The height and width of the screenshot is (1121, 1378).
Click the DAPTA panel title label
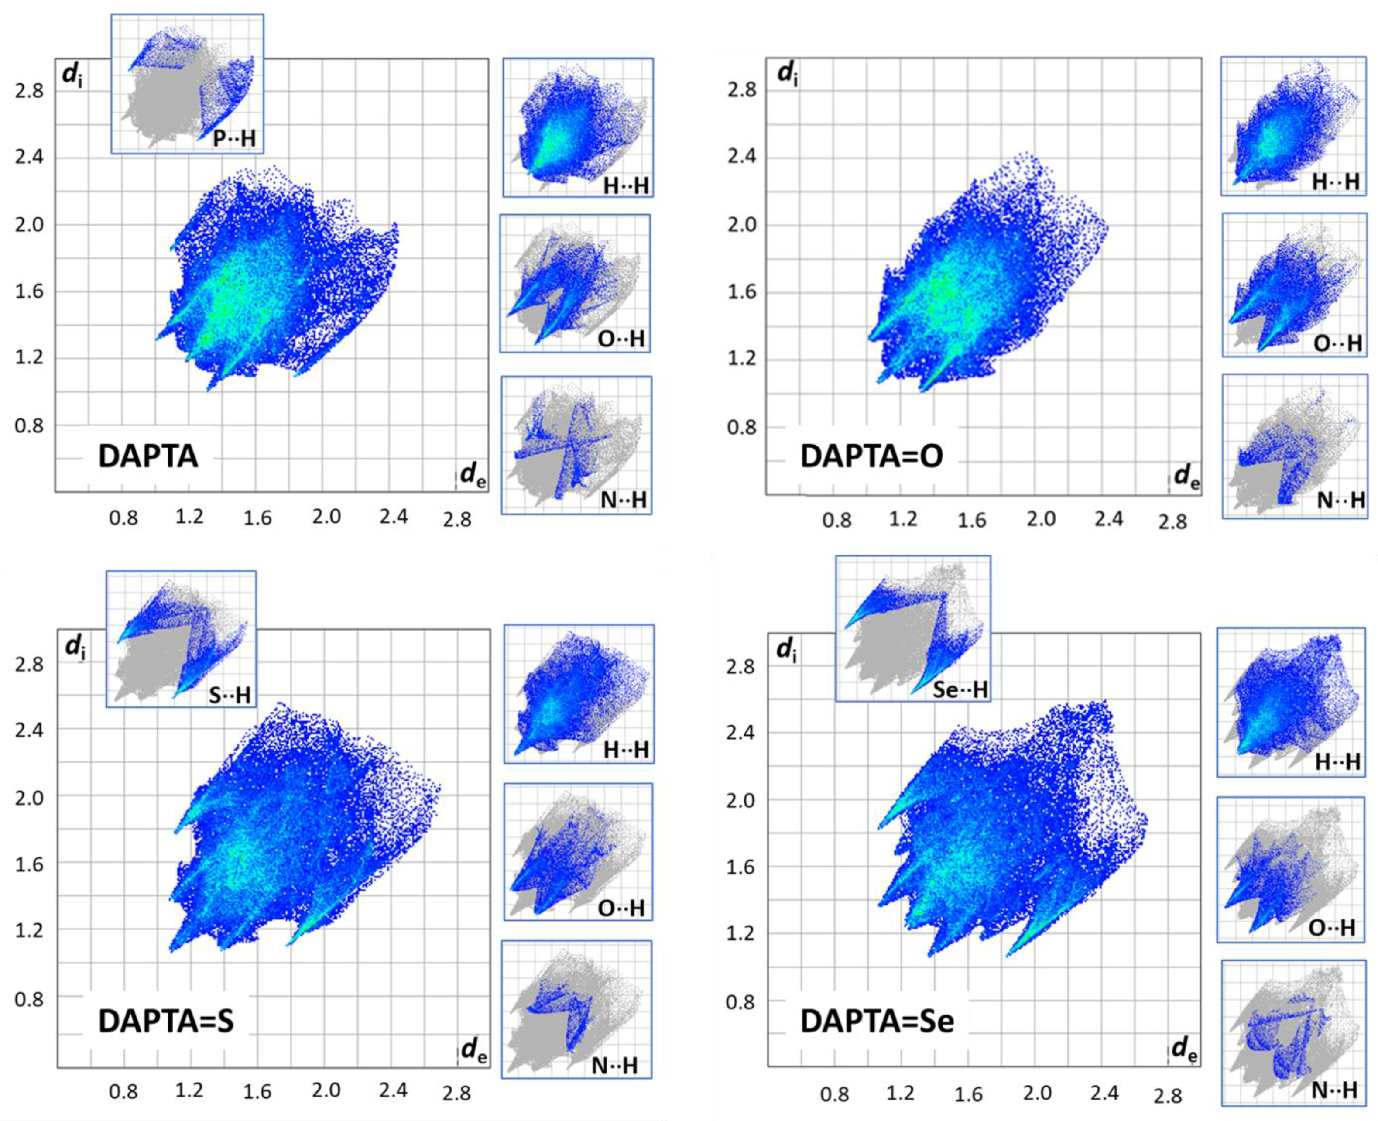[148, 456]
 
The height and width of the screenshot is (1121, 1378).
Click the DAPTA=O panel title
[871, 456]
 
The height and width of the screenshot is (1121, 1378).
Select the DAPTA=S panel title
[166, 1021]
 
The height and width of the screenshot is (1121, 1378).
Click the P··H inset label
[234, 138]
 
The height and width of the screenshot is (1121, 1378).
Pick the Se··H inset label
[960, 689]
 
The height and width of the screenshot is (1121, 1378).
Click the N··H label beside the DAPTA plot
[623, 499]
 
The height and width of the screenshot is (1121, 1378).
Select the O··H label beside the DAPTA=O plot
[1338, 343]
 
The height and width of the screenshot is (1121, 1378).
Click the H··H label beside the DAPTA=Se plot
[1337, 762]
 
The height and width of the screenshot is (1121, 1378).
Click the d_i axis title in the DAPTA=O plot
[786, 74]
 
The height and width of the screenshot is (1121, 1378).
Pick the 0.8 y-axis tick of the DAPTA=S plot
[30, 998]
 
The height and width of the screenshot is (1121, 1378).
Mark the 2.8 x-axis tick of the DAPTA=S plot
[456, 1093]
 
